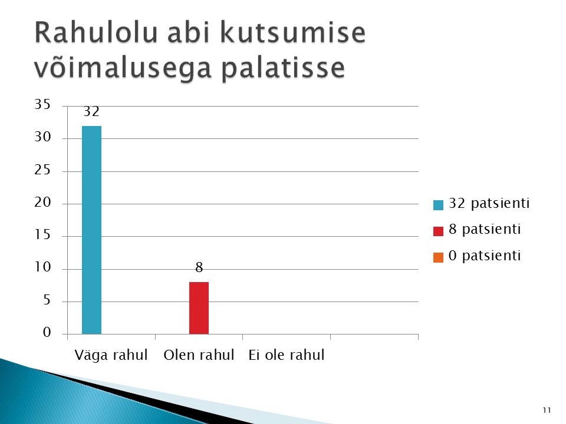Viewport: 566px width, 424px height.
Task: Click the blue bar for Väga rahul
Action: point(92,230)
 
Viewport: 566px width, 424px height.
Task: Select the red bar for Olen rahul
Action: point(199,308)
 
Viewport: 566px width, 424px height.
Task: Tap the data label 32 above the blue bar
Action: point(91,111)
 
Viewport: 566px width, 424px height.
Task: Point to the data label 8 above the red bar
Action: point(199,267)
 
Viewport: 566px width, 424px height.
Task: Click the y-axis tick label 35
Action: point(42,104)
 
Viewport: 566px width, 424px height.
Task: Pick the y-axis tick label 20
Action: point(42,202)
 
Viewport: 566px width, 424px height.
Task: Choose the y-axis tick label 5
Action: point(47,300)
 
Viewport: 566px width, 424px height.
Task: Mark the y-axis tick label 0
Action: point(47,332)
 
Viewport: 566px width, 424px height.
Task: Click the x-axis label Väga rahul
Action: point(111,355)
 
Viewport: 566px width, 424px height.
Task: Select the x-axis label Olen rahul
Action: point(199,355)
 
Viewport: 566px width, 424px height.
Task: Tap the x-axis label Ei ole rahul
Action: point(287,355)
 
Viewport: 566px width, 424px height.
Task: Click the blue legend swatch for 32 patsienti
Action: point(438,205)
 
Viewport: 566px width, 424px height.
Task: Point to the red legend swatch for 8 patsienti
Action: point(438,231)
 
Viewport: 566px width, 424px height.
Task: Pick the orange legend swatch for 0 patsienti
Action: point(438,257)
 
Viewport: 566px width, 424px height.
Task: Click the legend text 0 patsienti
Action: point(485,256)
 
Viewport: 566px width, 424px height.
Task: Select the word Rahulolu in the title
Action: point(96,32)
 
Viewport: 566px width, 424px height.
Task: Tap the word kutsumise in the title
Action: point(292,32)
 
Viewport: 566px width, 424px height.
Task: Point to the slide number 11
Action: point(547,410)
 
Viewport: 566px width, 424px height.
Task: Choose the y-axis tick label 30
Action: point(42,137)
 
